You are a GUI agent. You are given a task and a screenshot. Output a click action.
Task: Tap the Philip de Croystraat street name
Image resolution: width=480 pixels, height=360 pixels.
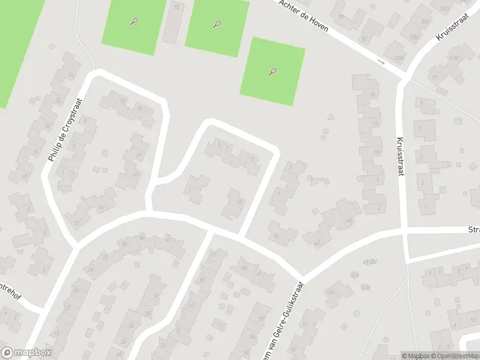click(x=64, y=130)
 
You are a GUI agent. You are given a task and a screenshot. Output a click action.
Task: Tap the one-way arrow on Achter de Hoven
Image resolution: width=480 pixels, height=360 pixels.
click(x=380, y=61)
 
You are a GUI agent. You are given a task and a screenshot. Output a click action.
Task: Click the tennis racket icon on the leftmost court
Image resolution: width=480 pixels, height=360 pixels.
click(x=134, y=22)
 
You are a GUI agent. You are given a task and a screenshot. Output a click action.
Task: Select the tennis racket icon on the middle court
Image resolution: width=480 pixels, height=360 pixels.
click(x=217, y=25)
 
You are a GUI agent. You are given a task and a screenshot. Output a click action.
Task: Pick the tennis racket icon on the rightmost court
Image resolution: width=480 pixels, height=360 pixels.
click(x=272, y=72)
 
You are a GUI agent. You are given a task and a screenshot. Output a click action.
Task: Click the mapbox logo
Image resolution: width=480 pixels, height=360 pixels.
click(x=25, y=353)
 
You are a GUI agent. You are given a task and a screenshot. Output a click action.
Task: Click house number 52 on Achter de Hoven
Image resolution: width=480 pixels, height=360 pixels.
click(x=364, y=39)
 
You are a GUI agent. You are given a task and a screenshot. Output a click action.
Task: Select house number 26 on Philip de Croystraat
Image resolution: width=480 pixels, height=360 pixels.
click(x=71, y=75)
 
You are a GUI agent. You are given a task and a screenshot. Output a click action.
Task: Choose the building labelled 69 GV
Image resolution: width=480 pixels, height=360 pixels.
click(x=370, y=262)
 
